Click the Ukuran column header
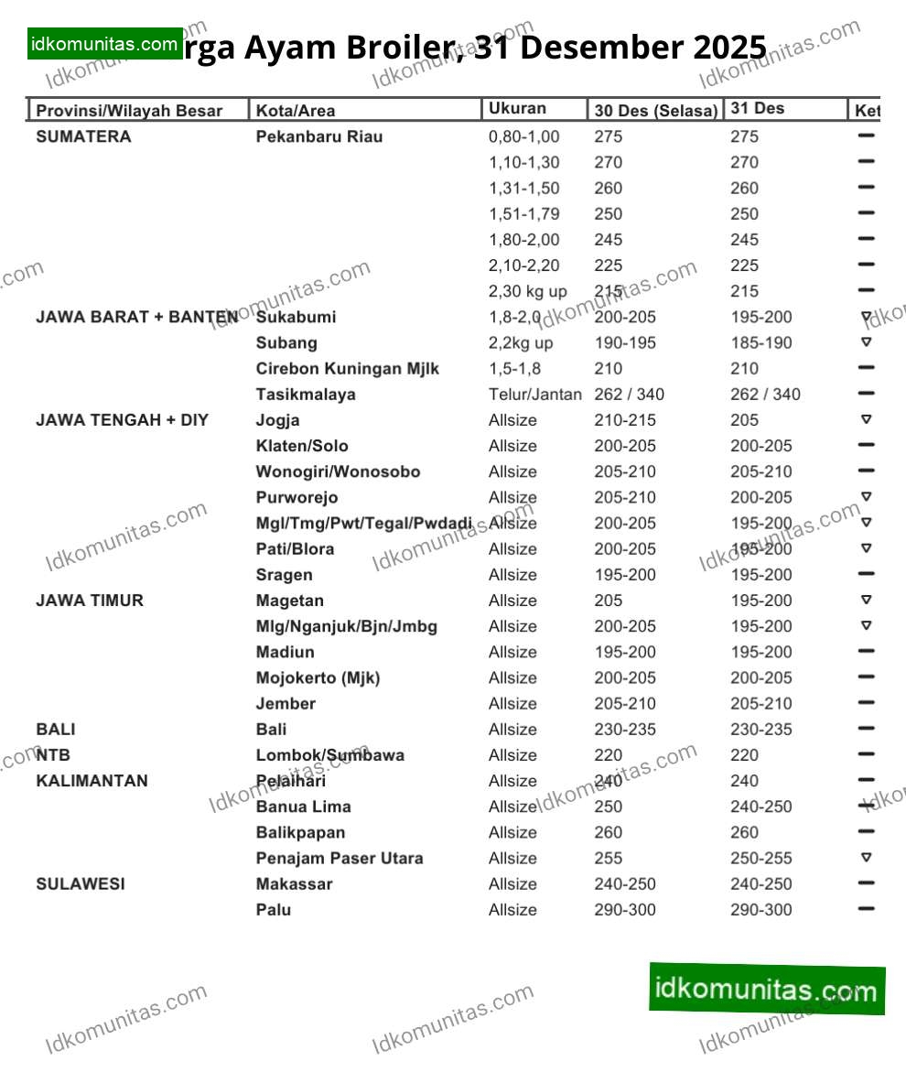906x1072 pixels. [x=517, y=108]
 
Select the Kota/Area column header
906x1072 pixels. [x=295, y=111]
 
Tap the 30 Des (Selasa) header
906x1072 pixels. [x=655, y=111]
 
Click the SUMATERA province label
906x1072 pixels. [x=83, y=136]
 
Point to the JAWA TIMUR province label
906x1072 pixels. [x=90, y=601]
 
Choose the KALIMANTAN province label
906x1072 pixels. [x=92, y=781]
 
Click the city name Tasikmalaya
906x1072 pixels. [x=306, y=395]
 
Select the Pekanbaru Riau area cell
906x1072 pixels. [x=319, y=136]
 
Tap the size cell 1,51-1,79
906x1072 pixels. [x=524, y=214]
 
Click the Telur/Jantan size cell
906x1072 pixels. [x=534, y=395]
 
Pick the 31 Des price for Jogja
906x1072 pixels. [x=745, y=420]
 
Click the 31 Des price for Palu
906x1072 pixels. [x=761, y=910]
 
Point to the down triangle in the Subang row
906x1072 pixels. [x=867, y=342]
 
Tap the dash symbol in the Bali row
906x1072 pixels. [x=867, y=729]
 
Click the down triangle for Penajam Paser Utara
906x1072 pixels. [x=867, y=858]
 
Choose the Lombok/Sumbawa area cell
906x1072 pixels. [x=329, y=755]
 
